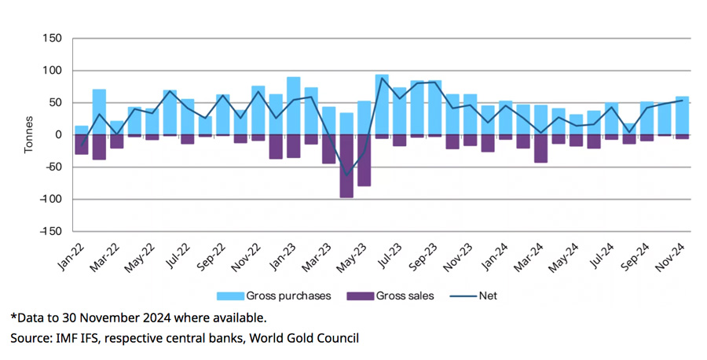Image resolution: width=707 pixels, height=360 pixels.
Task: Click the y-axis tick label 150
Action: (52, 39)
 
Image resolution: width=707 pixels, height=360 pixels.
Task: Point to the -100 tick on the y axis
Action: (49, 199)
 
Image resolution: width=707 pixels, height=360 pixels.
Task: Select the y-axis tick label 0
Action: (57, 134)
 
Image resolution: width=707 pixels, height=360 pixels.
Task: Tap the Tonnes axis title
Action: (29, 135)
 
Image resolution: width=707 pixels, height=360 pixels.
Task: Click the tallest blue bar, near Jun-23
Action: (382, 104)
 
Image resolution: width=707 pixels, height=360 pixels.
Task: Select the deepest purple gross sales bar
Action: (346, 166)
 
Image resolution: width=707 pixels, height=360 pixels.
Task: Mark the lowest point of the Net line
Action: (346, 176)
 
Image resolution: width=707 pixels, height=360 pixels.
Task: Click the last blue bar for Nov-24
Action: (683, 115)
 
